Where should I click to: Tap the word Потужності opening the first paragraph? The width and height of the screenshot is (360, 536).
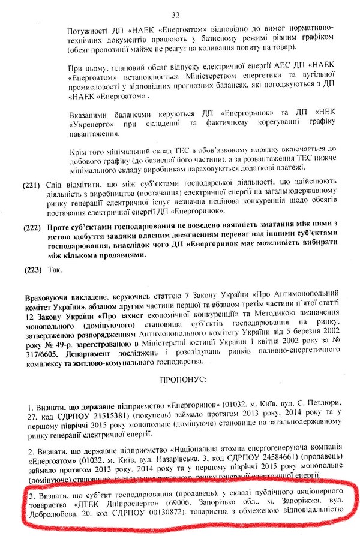point(79,28)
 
